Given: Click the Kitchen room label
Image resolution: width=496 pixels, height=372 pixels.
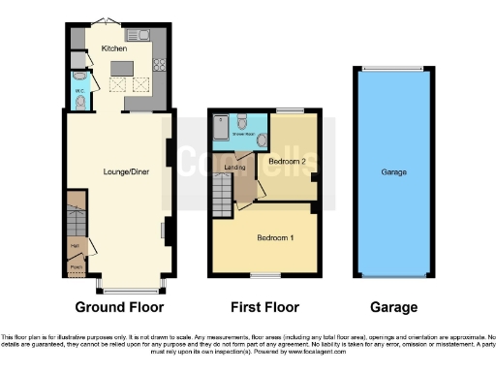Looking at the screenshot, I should coord(114,46).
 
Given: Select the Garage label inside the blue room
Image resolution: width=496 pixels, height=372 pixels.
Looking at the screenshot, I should coord(392,172).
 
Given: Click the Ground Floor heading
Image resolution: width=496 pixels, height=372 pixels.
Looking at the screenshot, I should coord(120,307).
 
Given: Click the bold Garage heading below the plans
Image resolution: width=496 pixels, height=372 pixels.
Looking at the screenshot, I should coord(392,307).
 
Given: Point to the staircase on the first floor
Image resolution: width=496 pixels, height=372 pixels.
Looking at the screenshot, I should coord(223,200).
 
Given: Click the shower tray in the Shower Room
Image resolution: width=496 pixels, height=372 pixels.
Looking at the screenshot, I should coord(222,124).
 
